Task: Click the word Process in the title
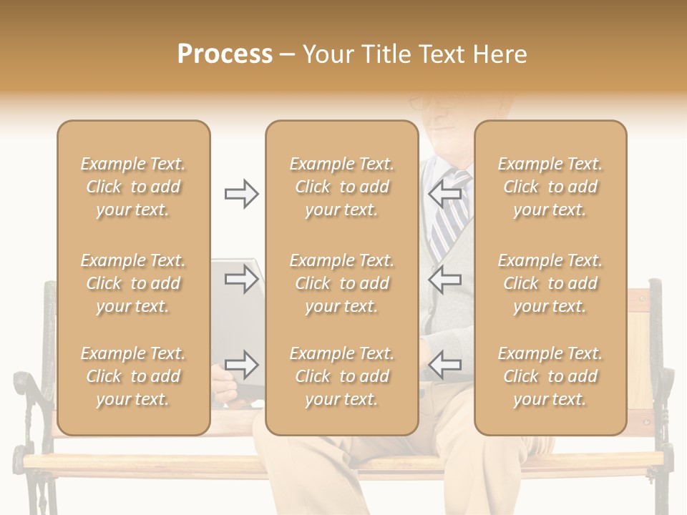(225, 54)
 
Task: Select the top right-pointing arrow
(241, 194)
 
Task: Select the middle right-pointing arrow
(241, 279)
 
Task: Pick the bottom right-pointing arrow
(241, 365)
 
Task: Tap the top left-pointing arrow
(444, 194)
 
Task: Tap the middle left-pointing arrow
(444, 279)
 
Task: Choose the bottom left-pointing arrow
(444, 365)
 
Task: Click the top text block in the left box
(133, 187)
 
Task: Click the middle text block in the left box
(133, 283)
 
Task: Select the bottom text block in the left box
(133, 376)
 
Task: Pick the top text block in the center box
(342, 187)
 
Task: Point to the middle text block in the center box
(342, 283)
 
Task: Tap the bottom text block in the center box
(342, 376)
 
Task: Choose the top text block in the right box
(550, 187)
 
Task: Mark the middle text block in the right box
(550, 283)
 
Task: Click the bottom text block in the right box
(550, 376)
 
